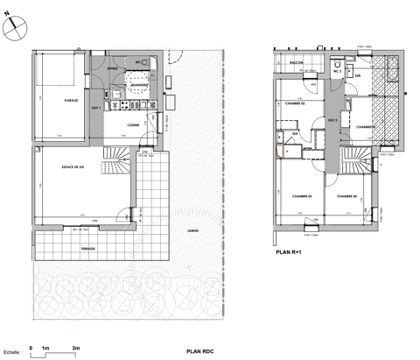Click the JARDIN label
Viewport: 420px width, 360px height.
pyautogui.click(x=192, y=232)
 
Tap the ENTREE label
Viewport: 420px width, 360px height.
pyautogui.click(x=112, y=67)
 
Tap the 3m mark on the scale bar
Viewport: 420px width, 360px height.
pyautogui.click(x=76, y=348)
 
